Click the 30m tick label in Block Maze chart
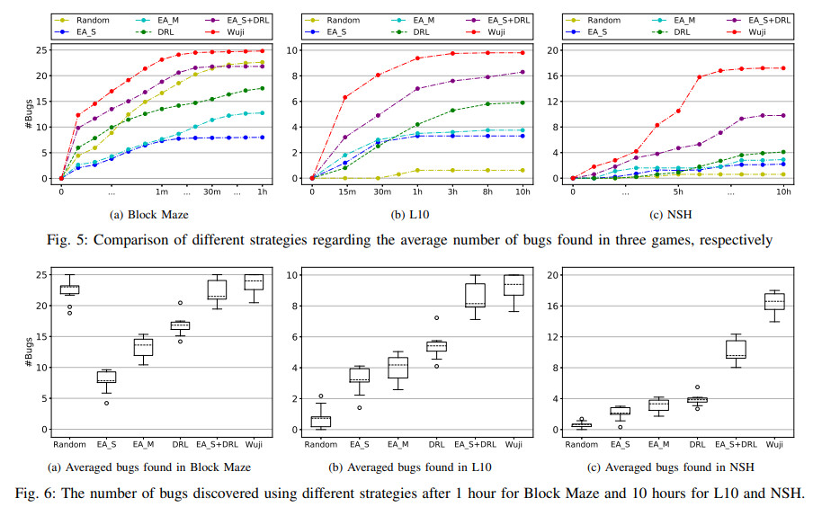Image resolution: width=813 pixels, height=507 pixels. pos(212,191)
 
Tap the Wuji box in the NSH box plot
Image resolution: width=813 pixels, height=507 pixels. pos(773,301)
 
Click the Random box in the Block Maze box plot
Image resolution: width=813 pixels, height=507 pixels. pos(68,289)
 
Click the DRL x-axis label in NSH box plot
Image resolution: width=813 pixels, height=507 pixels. pos(697,443)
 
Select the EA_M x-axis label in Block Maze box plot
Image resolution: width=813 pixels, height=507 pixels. pos(143,443)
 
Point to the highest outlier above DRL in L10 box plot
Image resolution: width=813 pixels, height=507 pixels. pos(436,317)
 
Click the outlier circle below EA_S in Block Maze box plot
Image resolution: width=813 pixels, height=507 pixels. pos(106,403)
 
